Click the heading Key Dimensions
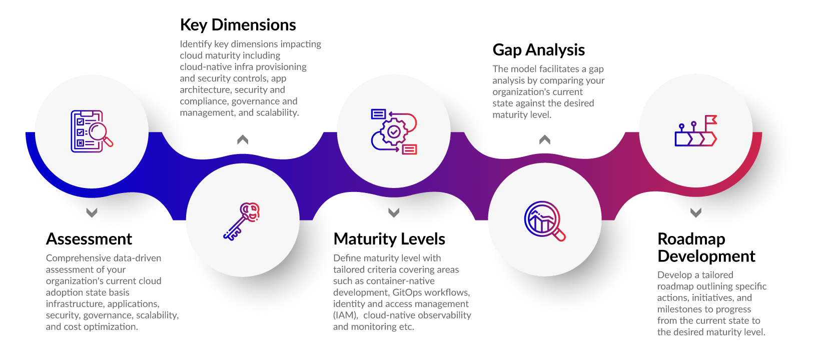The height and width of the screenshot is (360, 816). tap(238, 25)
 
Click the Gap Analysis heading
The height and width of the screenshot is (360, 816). tap(538, 50)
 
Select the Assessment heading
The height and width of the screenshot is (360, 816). tap(89, 239)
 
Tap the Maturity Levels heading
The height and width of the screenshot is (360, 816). tap(389, 239)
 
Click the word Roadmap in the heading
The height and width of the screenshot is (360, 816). tap(691, 239)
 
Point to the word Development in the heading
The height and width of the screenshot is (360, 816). tap(706, 256)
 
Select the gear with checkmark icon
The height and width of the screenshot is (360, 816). tap(394, 132)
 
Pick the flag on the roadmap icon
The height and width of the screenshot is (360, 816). tap(710, 120)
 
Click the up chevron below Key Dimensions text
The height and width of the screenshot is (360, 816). tap(242, 140)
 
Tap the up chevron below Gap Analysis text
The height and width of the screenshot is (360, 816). tap(544, 140)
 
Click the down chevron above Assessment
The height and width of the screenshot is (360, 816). tap(91, 212)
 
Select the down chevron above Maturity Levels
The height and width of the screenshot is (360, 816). tap(394, 212)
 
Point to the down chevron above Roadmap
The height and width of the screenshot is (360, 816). tap(695, 212)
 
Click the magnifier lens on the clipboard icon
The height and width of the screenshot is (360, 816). tap(99, 132)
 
